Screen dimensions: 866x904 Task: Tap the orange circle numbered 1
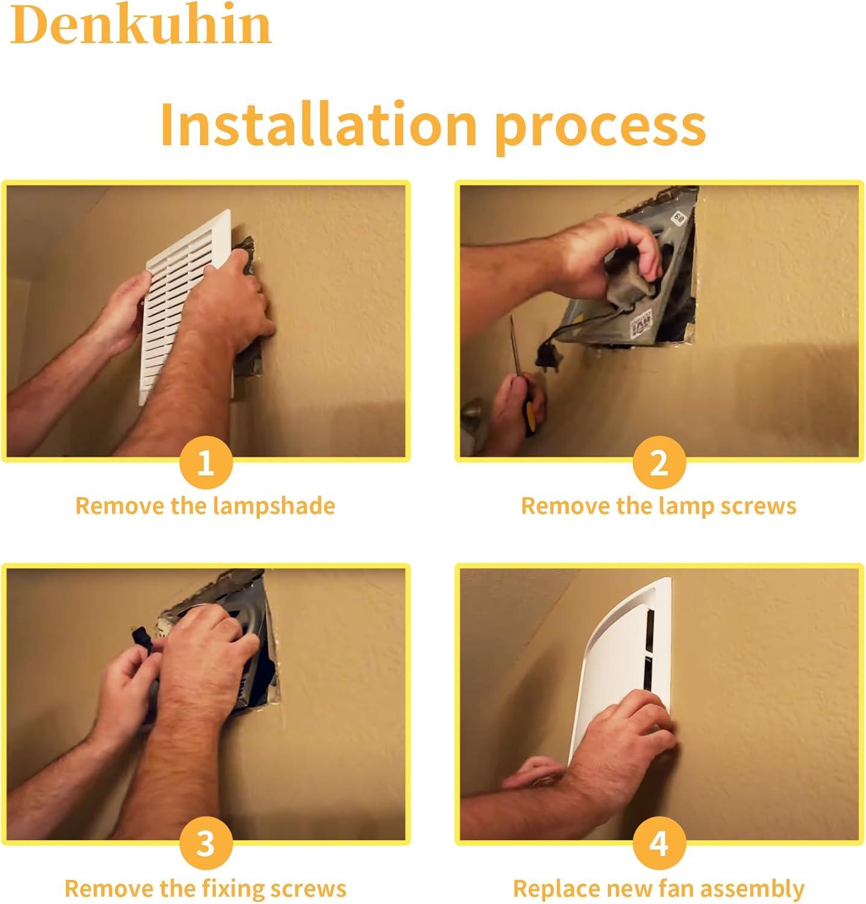point(206,463)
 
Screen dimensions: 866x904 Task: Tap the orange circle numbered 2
point(659,463)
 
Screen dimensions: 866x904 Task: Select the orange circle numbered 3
point(206,844)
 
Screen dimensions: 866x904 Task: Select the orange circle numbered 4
point(659,844)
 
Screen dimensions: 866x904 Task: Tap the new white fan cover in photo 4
point(621,663)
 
